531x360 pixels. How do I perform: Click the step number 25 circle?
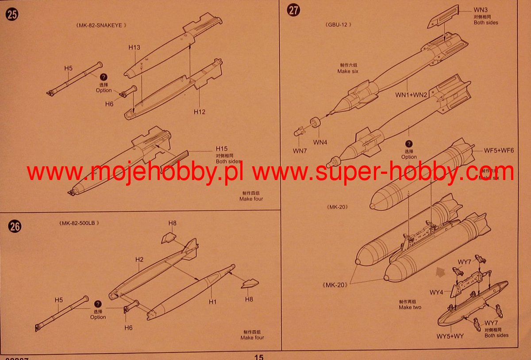(x=12, y=15)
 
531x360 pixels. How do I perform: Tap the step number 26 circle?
(x=15, y=226)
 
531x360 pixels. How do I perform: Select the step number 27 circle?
(x=293, y=10)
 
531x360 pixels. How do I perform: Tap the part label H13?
(x=135, y=47)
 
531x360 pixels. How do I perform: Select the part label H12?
(x=200, y=111)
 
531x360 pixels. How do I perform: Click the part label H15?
(x=222, y=149)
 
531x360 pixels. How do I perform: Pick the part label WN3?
(x=481, y=9)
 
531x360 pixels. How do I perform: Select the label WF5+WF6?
(x=499, y=151)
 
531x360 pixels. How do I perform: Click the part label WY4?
(x=436, y=292)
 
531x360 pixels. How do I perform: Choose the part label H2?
(x=139, y=259)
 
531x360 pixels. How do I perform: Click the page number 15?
(x=259, y=357)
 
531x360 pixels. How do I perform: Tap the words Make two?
(x=410, y=307)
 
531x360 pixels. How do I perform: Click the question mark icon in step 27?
(x=409, y=144)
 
